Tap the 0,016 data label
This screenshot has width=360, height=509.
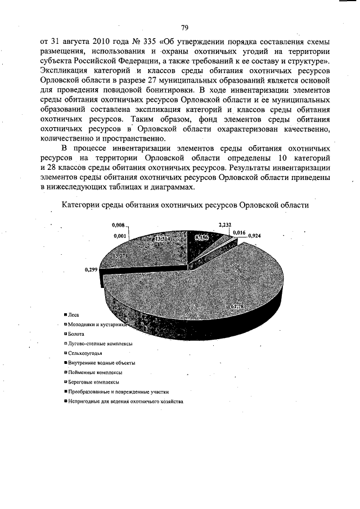coord(238,232)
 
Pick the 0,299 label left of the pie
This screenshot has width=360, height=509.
coord(92,270)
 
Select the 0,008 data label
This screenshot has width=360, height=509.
coord(119,226)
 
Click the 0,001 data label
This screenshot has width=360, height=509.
coord(119,236)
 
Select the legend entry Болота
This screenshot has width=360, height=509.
coord(76,334)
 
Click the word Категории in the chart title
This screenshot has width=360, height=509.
coord(80,205)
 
